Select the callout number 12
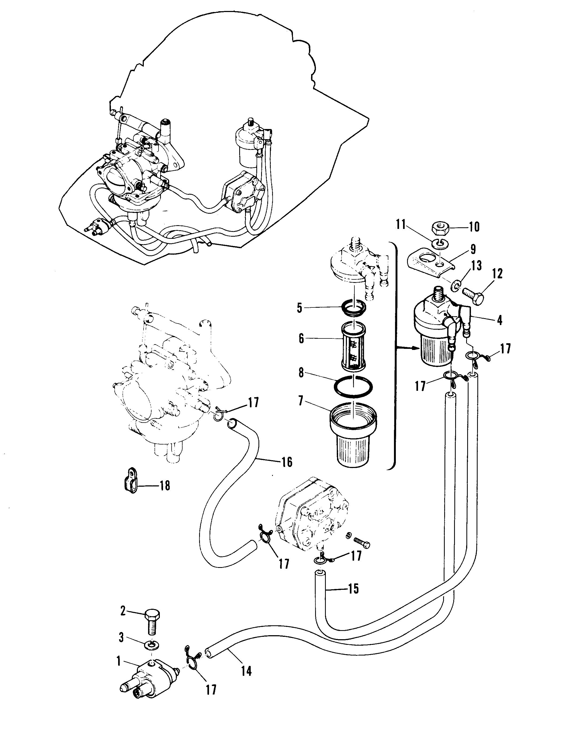(x=497, y=274)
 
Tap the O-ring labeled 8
(x=353, y=387)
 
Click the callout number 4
(x=499, y=320)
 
